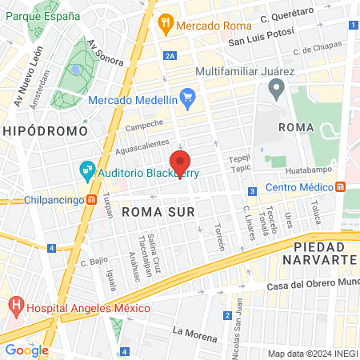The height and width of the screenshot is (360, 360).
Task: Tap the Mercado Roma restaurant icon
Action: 166,23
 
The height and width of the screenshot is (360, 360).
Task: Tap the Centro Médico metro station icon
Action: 342,187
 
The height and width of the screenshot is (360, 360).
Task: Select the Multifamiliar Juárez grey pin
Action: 277,90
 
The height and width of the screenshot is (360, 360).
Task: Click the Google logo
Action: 26,350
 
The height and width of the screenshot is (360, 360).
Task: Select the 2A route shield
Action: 169,55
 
